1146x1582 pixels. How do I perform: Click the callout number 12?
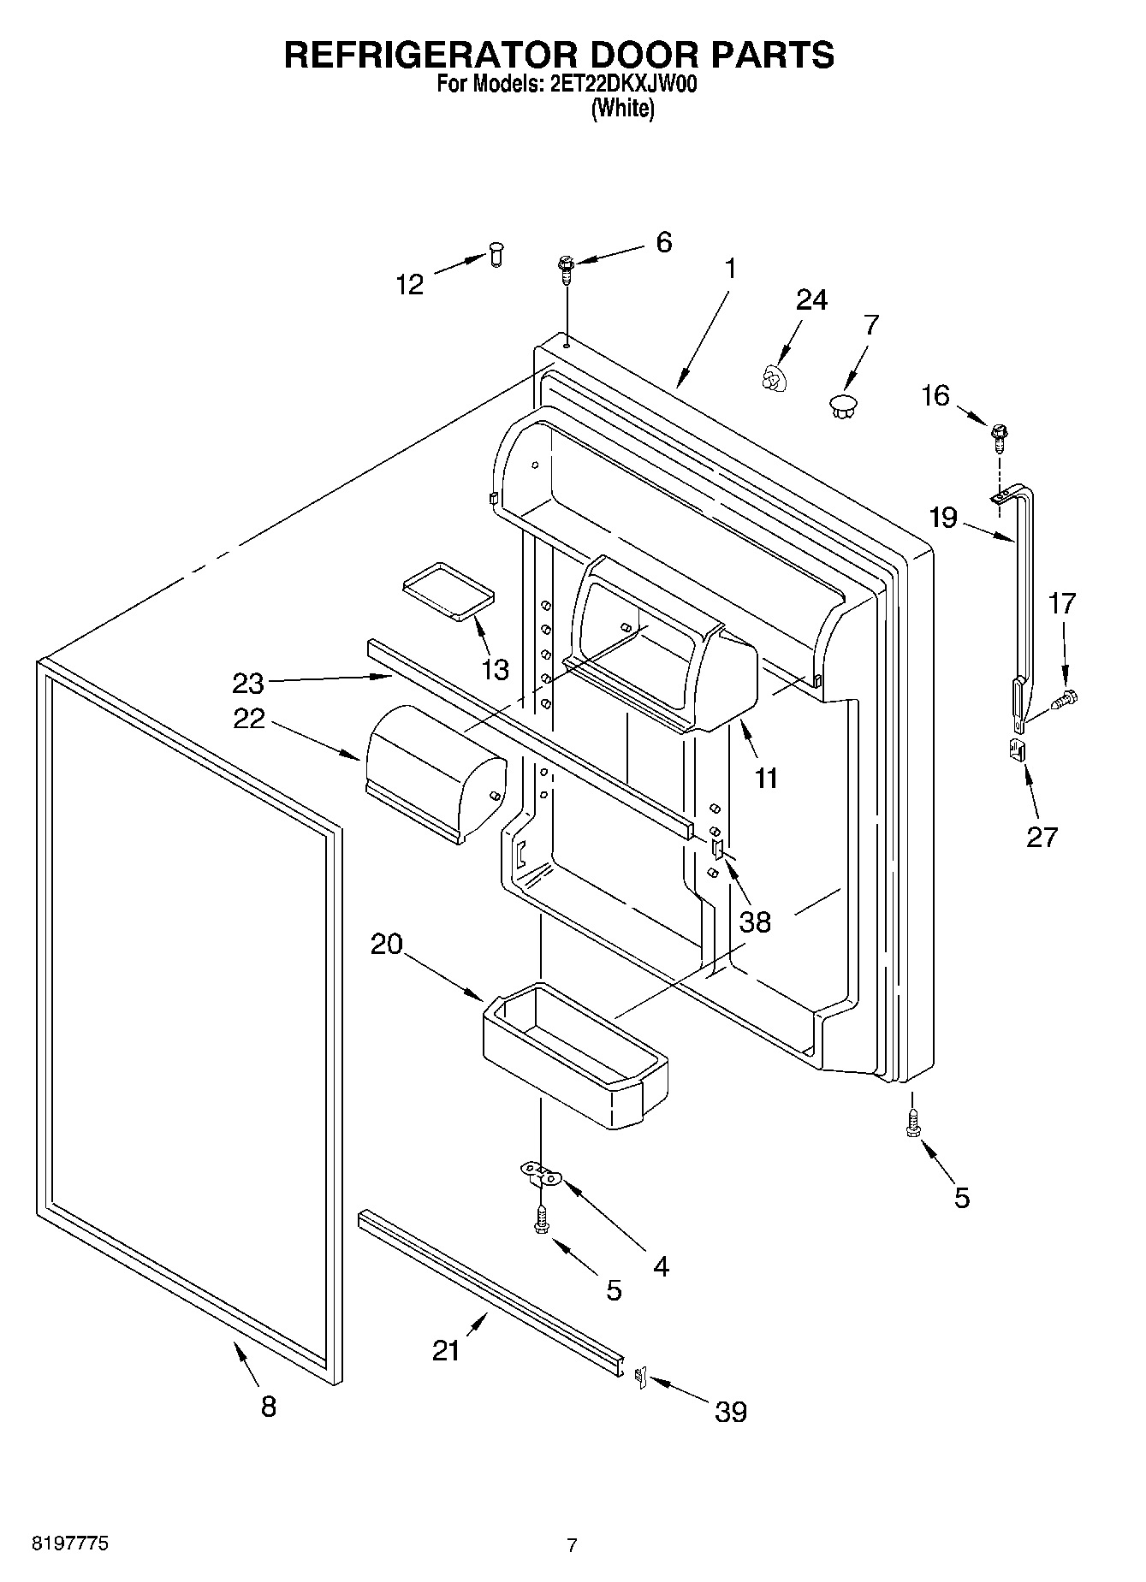pyautogui.click(x=410, y=284)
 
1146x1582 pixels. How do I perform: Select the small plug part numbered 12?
pyautogui.click(x=496, y=254)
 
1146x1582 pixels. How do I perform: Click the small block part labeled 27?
pyautogui.click(x=1016, y=750)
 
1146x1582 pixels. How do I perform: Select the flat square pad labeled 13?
pyautogui.click(x=448, y=590)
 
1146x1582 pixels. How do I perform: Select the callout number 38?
pyautogui.click(x=755, y=921)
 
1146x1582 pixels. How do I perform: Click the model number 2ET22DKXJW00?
pyautogui.click(x=622, y=85)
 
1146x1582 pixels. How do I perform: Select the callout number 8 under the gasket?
pyautogui.click(x=269, y=1406)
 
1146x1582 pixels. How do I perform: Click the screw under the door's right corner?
pyautogui.click(x=913, y=1122)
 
